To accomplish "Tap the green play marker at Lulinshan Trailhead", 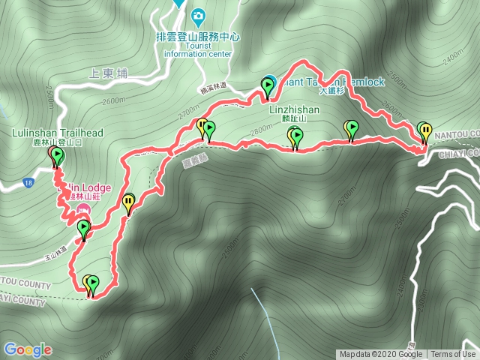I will [58, 154].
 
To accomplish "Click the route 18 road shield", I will [28, 183].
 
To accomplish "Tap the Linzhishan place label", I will [295, 110].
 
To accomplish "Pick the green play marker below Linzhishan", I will [297, 136].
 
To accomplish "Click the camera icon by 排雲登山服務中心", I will [198, 14].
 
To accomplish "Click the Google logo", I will [28, 349].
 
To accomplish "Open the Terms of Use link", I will [453, 355].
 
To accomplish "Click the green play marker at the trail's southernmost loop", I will [93, 282].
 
